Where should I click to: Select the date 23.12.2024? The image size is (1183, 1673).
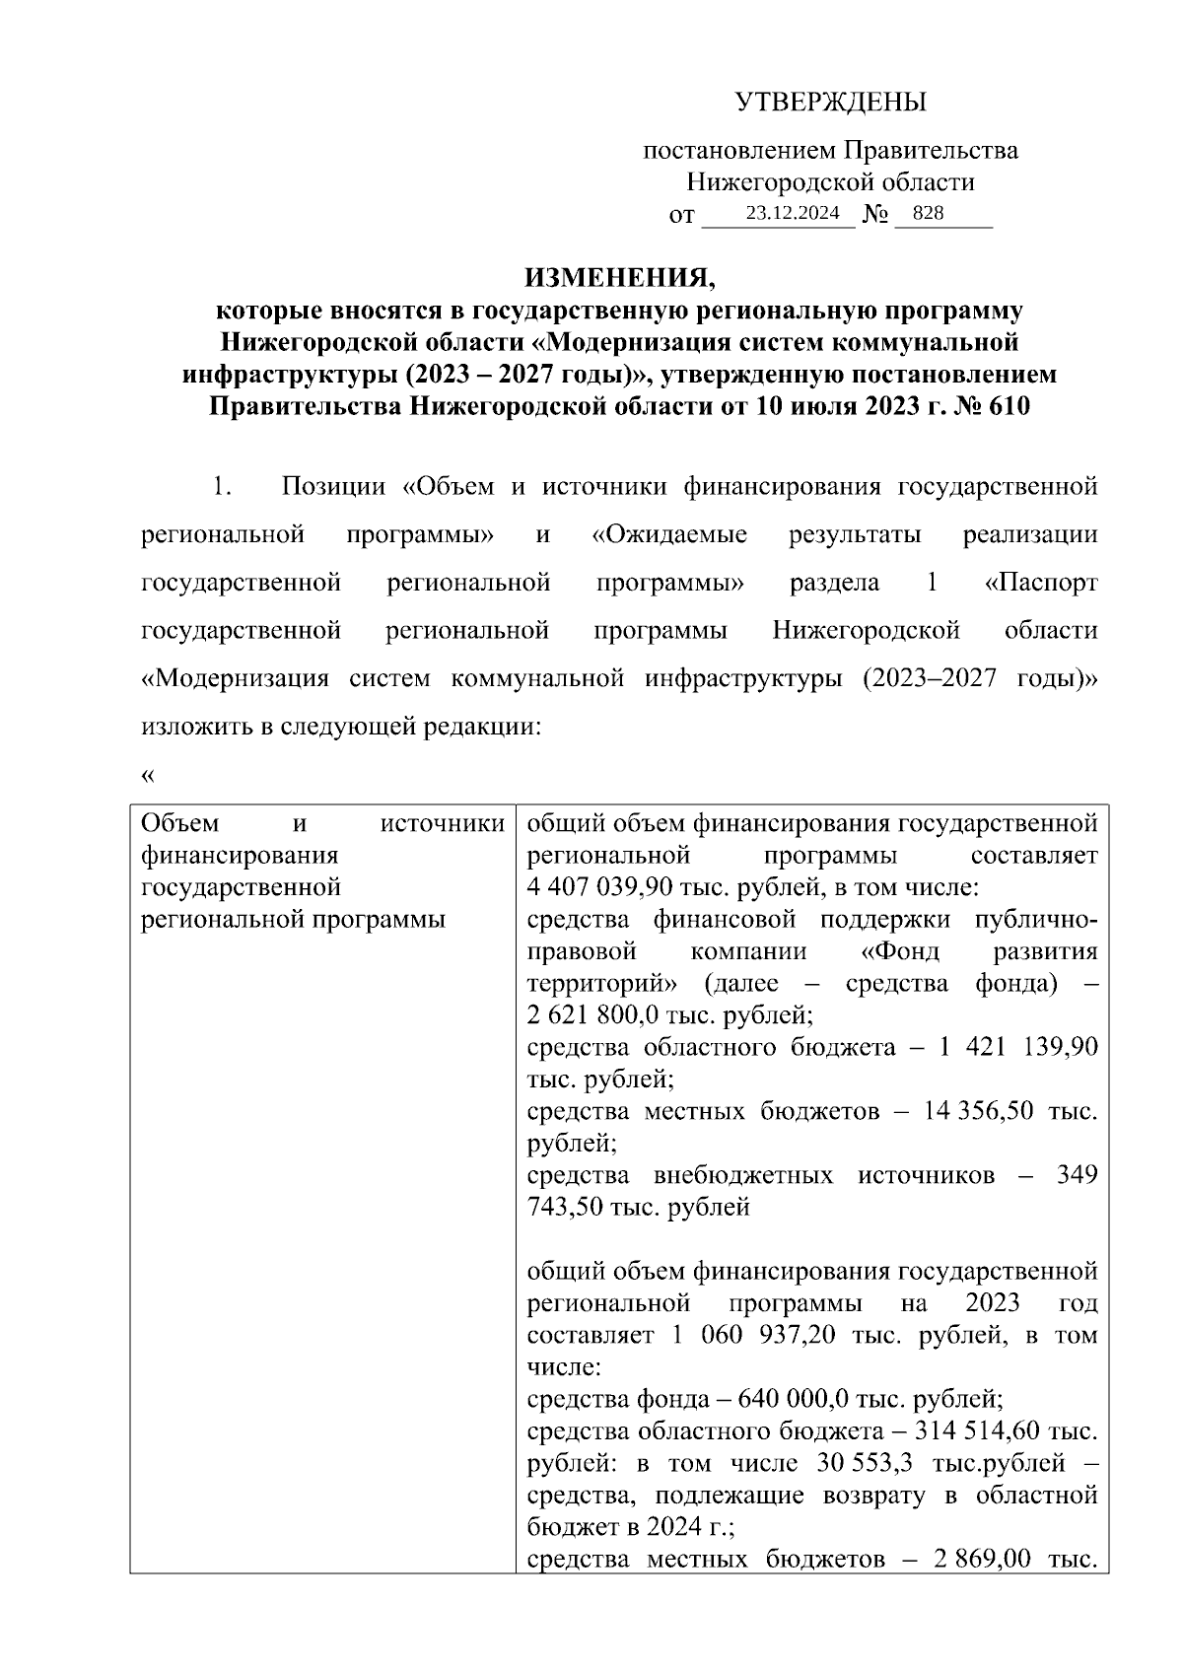coord(793,213)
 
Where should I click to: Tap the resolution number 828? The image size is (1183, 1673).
coord(929,213)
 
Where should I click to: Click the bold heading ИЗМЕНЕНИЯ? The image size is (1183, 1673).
coord(619,277)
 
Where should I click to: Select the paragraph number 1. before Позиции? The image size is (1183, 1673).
coord(221,487)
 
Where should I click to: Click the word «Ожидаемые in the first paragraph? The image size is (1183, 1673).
coord(669,535)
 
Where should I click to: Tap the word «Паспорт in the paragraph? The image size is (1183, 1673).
coord(1041,583)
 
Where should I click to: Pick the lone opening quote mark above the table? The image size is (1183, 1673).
coord(148,775)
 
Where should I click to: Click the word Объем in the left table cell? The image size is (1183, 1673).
coord(181,823)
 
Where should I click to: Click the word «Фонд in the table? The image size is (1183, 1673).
coord(893,951)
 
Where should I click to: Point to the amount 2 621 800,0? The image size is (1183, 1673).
coord(596,1015)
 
